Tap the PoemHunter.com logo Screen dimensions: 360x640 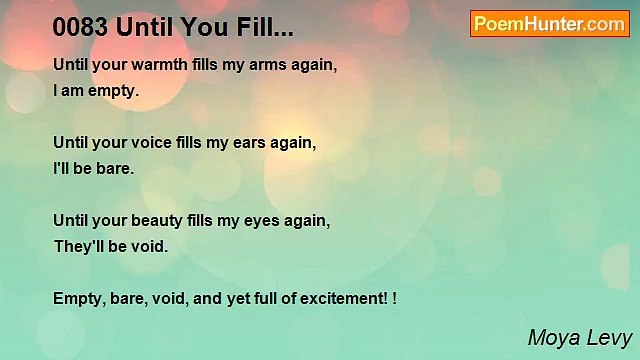pos(550,24)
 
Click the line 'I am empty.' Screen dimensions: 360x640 pos(97,91)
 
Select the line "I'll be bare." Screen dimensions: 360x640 pos(93,169)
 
